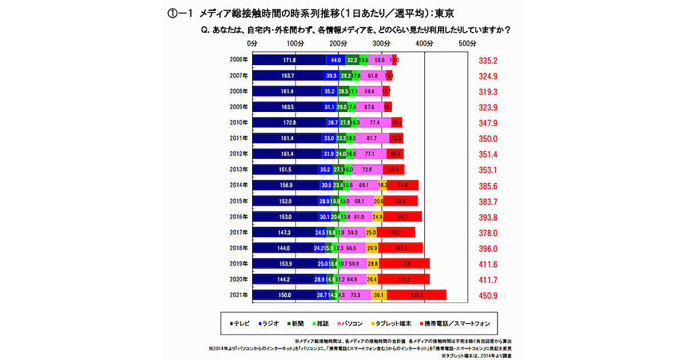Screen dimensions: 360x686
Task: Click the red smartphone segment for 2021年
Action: pos(416,295)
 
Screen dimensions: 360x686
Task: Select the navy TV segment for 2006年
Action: pos(289,60)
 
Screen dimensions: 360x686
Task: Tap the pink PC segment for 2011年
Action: pos(372,138)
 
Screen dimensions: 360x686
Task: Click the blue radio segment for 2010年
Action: pos(332,123)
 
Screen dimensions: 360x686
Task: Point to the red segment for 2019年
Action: pos(404,263)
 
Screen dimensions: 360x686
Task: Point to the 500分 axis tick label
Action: pos(468,43)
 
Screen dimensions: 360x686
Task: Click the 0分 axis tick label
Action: pos(252,43)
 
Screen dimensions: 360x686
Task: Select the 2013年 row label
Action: pos(238,170)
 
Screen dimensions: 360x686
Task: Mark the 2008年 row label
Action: pos(238,91)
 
